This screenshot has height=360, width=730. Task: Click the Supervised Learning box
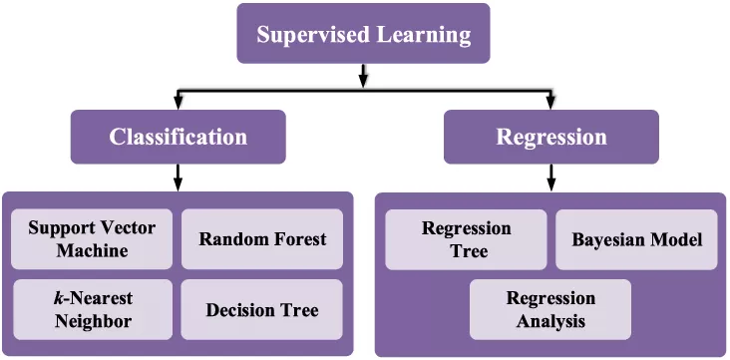click(x=363, y=34)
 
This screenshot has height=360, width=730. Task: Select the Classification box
click(x=178, y=137)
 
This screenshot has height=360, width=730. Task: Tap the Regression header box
click(x=550, y=137)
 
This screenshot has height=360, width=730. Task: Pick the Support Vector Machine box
click(x=92, y=239)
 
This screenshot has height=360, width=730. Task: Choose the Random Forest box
click(x=262, y=239)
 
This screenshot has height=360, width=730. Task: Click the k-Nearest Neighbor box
click(x=92, y=309)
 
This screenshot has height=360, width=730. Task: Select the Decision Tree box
click(x=262, y=309)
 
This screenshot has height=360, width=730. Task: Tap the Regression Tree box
click(x=467, y=239)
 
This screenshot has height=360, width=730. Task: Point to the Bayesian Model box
click(x=636, y=239)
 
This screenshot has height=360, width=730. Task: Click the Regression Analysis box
click(x=550, y=309)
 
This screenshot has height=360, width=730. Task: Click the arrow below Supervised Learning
click(x=363, y=76)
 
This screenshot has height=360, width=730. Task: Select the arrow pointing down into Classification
click(x=178, y=101)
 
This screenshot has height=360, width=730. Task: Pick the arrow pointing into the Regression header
click(x=550, y=101)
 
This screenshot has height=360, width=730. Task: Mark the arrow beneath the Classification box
click(x=178, y=178)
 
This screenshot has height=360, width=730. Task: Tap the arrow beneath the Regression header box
click(x=550, y=178)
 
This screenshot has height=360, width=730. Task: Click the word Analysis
click(x=550, y=321)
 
